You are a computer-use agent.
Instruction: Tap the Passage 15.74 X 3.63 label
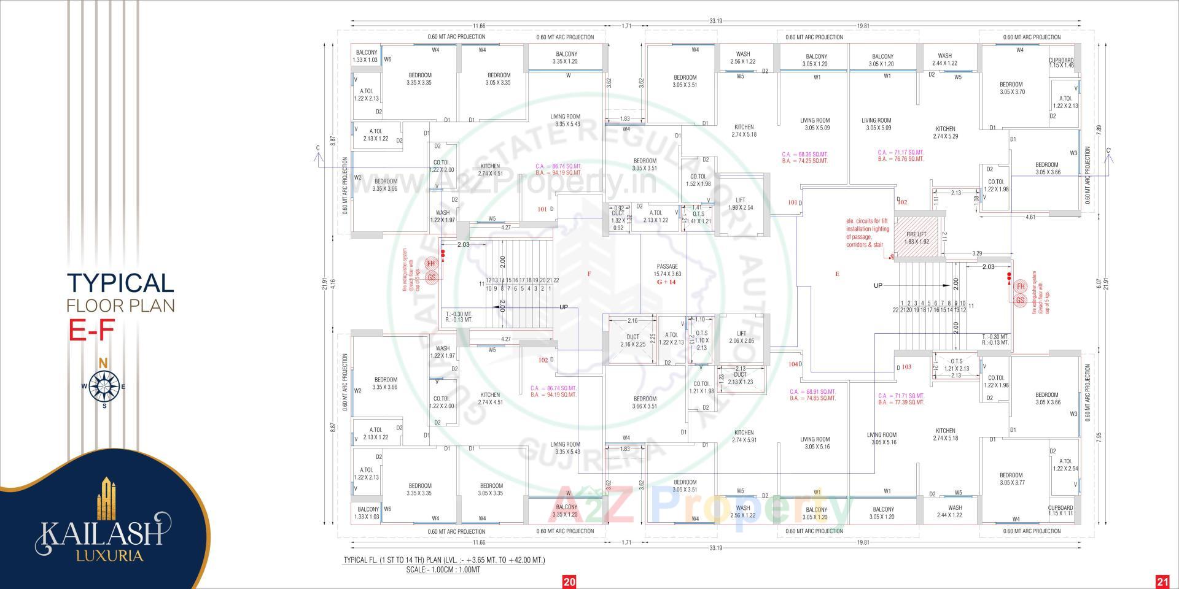(667, 271)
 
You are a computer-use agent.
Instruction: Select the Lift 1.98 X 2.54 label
(741, 204)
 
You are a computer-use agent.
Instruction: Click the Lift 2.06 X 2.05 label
(741, 337)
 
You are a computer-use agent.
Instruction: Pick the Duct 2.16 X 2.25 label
(632, 341)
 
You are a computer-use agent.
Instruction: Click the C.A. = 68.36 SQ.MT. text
(804, 154)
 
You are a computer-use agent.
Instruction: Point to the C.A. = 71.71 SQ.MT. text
(901, 396)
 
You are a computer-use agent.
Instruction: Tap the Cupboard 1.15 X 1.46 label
(1061, 63)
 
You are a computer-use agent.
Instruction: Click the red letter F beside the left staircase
(589, 274)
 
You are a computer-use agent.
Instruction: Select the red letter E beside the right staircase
(837, 274)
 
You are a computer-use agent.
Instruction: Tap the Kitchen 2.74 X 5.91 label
(744, 436)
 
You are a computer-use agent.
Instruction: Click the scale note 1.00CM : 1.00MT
(443, 570)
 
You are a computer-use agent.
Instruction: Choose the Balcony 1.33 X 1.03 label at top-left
(367, 56)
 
